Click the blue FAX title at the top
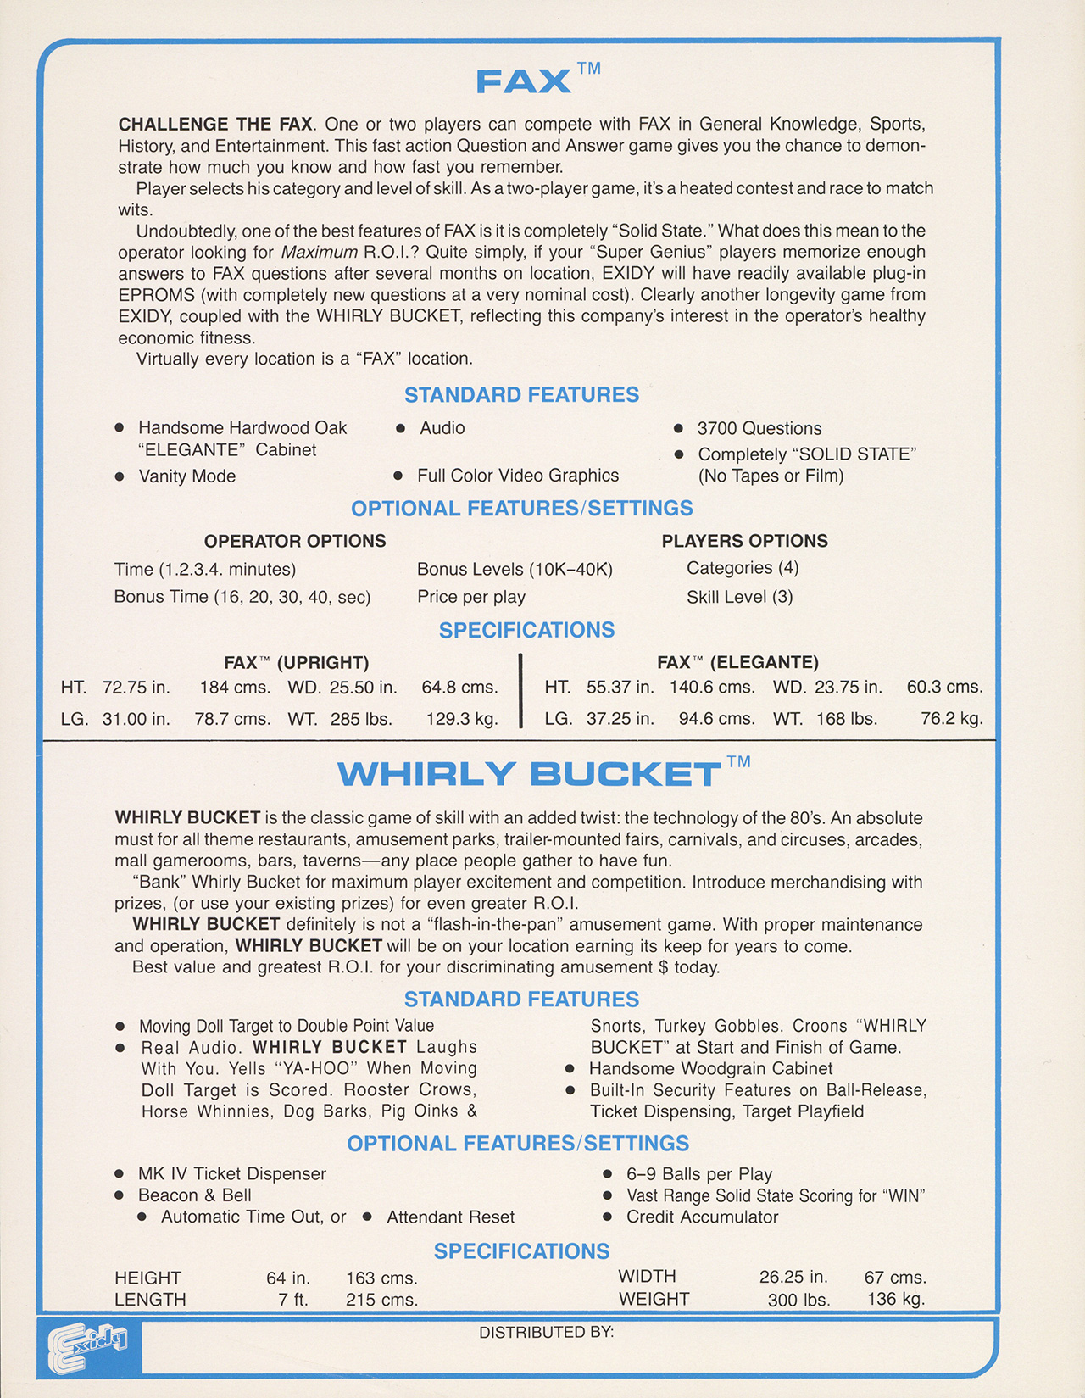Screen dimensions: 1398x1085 click(x=524, y=81)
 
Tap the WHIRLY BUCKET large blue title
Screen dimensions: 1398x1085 click(x=530, y=774)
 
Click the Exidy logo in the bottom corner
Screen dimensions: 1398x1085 click(x=88, y=1346)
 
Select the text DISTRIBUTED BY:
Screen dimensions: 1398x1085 click(x=546, y=1333)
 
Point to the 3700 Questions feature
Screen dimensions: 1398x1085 click(x=759, y=429)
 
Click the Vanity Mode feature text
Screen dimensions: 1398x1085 click(x=186, y=476)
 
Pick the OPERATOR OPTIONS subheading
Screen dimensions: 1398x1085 click(x=295, y=541)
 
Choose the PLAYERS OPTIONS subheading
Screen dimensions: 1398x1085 click(x=744, y=541)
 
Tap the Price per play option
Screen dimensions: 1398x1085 click(x=470, y=597)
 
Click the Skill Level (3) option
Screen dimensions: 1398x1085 click(x=739, y=597)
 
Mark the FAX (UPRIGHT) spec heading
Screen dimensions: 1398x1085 click(x=296, y=662)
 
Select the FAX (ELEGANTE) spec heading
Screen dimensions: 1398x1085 click(x=737, y=662)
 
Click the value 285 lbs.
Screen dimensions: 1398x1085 click(x=361, y=720)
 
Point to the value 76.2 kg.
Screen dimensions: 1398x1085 click(x=951, y=719)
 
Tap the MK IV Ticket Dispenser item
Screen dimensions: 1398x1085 click(x=231, y=1174)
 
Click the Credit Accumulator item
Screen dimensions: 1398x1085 click(x=702, y=1217)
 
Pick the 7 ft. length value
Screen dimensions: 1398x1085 click(x=292, y=1300)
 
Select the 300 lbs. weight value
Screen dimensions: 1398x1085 click(x=798, y=1300)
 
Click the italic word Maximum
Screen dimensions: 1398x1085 click(x=320, y=253)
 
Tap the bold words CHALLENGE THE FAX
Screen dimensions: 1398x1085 click(x=215, y=125)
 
